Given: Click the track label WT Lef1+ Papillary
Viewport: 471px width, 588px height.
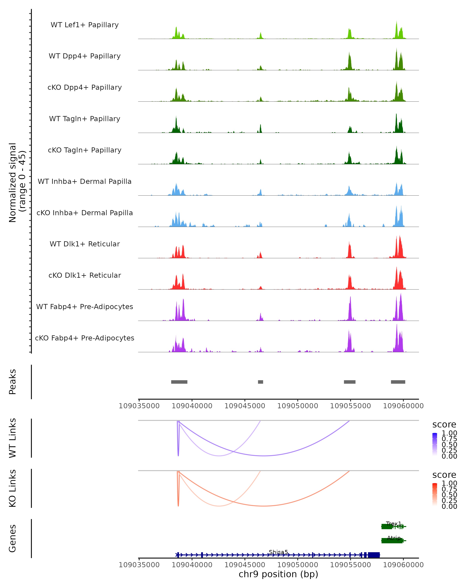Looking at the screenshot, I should (x=85, y=25).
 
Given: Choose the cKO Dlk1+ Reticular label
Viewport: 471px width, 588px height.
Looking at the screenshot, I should (x=85, y=275).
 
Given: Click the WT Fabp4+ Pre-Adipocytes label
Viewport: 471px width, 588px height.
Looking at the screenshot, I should (x=85, y=307).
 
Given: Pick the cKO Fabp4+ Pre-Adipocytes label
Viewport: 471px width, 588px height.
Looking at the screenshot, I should (x=85, y=338).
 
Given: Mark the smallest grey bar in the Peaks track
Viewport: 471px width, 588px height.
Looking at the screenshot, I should (x=260, y=382).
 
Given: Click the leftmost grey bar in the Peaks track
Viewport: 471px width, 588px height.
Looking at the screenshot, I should (x=179, y=382).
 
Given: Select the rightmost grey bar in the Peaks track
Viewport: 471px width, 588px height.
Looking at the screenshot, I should (x=398, y=382).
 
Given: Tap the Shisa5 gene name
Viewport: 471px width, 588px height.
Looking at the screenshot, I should (x=278, y=552).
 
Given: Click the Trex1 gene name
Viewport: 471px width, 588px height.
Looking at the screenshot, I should (x=393, y=524).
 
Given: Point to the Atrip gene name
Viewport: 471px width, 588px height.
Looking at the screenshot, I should (x=394, y=538).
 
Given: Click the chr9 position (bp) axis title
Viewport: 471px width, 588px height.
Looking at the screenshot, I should (x=278, y=574).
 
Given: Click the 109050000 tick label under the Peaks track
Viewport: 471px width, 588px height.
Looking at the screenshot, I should (x=298, y=406).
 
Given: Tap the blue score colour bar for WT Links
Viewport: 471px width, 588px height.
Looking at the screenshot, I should (x=435, y=444).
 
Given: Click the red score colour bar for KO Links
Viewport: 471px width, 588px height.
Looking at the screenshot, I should (x=435, y=495).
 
